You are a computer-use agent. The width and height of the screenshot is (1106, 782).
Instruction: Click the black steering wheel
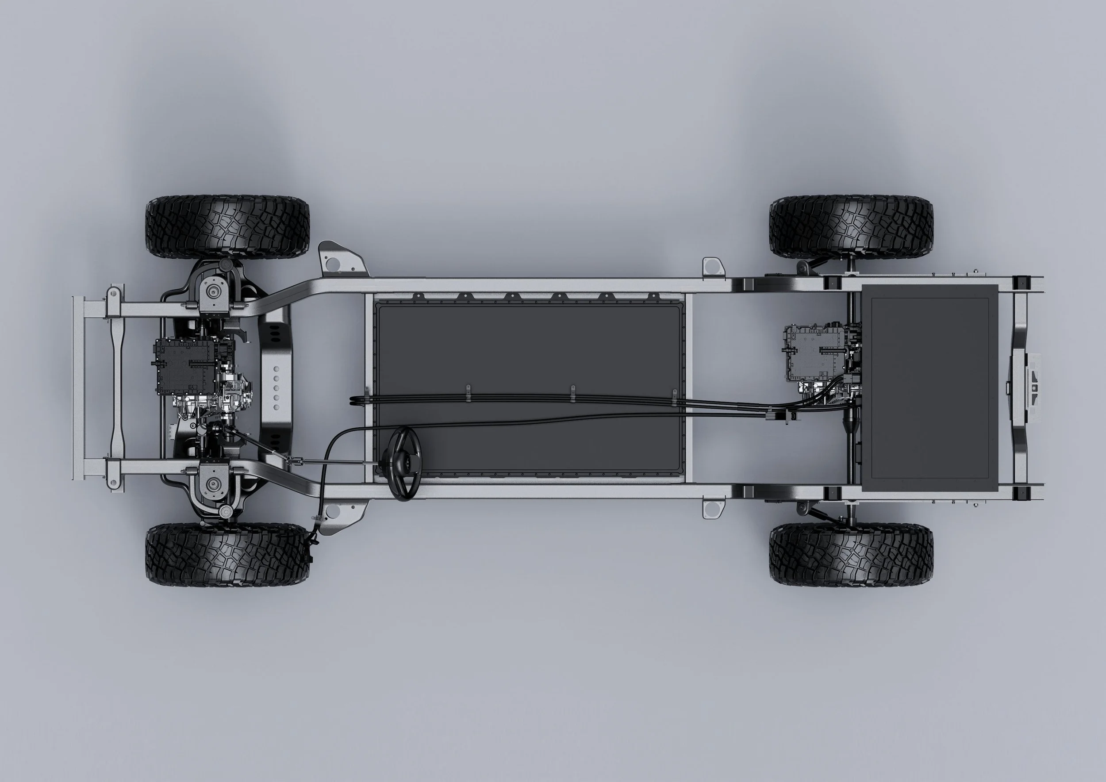click(405, 463)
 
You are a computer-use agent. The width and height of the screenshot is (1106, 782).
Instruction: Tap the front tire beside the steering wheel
click(227, 554)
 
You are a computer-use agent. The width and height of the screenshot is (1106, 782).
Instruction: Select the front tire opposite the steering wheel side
click(227, 227)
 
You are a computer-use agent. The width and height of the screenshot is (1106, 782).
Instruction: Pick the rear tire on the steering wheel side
click(851, 554)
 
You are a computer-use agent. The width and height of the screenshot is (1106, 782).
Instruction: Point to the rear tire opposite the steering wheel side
click(851, 227)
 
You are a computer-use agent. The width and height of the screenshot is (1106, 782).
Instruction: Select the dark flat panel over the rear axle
click(929, 387)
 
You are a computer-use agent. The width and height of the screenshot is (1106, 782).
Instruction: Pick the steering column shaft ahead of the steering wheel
click(337, 462)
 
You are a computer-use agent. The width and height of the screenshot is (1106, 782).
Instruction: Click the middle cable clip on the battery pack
click(573, 393)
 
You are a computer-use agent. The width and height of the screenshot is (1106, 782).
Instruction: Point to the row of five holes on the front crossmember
click(276, 388)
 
